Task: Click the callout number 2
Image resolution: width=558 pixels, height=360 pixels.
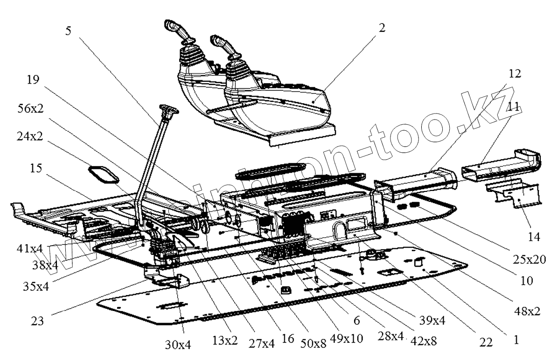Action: pyautogui.click(x=382, y=28)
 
